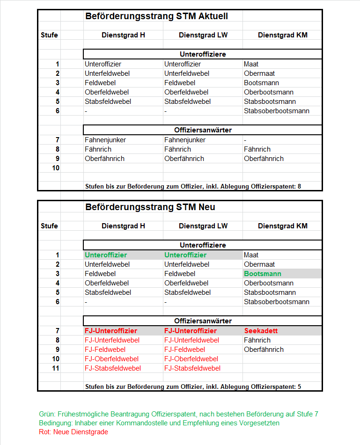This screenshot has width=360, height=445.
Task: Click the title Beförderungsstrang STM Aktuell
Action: pos(156,16)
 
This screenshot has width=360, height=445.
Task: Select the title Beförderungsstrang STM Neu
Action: pos(150,207)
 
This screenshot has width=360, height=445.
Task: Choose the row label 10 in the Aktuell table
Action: pos(56,168)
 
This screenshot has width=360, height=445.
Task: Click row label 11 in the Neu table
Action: pos(56,368)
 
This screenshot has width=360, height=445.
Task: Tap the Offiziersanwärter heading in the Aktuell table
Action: pos(203,130)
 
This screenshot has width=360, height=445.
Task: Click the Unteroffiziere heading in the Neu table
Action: pos(203,245)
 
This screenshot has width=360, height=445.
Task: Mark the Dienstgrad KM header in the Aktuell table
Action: pos(282,35)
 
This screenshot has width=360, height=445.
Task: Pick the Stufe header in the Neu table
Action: pos(49,226)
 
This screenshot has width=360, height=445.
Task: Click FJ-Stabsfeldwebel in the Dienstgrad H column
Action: pos(112,368)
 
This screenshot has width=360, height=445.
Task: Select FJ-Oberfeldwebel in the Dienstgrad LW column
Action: pos(191,359)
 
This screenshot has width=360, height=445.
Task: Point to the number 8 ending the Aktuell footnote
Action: pos(299,186)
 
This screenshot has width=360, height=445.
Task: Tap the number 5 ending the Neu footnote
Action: pos(299,387)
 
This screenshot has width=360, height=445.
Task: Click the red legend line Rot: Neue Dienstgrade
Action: pos(73,432)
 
